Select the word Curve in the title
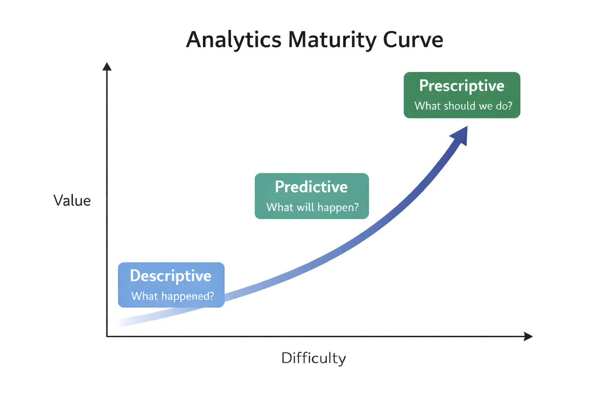click(x=413, y=40)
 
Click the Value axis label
click(x=72, y=201)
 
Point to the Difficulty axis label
click(x=314, y=358)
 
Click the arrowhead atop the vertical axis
click(x=107, y=66)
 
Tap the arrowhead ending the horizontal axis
click(x=528, y=336)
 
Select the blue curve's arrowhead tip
click(x=467, y=126)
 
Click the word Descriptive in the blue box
click(x=170, y=276)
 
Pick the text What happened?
click(x=173, y=296)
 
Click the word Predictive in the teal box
click(x=311, y=187)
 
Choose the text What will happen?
click(x=313, y=207)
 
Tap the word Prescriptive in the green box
click(x=461, y=86)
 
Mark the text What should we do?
click(x=463, y=106)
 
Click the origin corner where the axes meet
click(x=107, y=336)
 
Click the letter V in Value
click(x=59, y=201)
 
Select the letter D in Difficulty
click(x=287, y=358)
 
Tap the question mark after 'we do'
click(x=510, y=105)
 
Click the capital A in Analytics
click(x=195, y=40)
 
